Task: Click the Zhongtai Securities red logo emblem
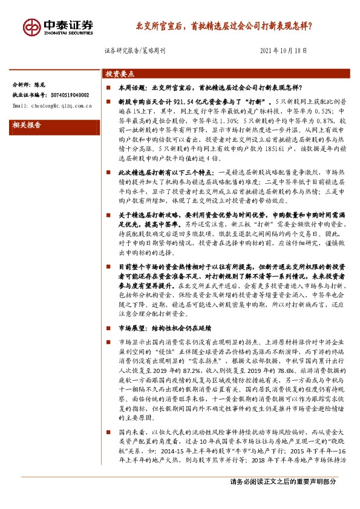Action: pyautogui.click(x=31, y=27)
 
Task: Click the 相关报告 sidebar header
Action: pyautogui.click(x=27, y=126)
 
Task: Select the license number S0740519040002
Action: pyautogui.click(x=69, y=96)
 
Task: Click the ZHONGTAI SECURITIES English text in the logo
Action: pyautogui.click(x=68, y=34)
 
